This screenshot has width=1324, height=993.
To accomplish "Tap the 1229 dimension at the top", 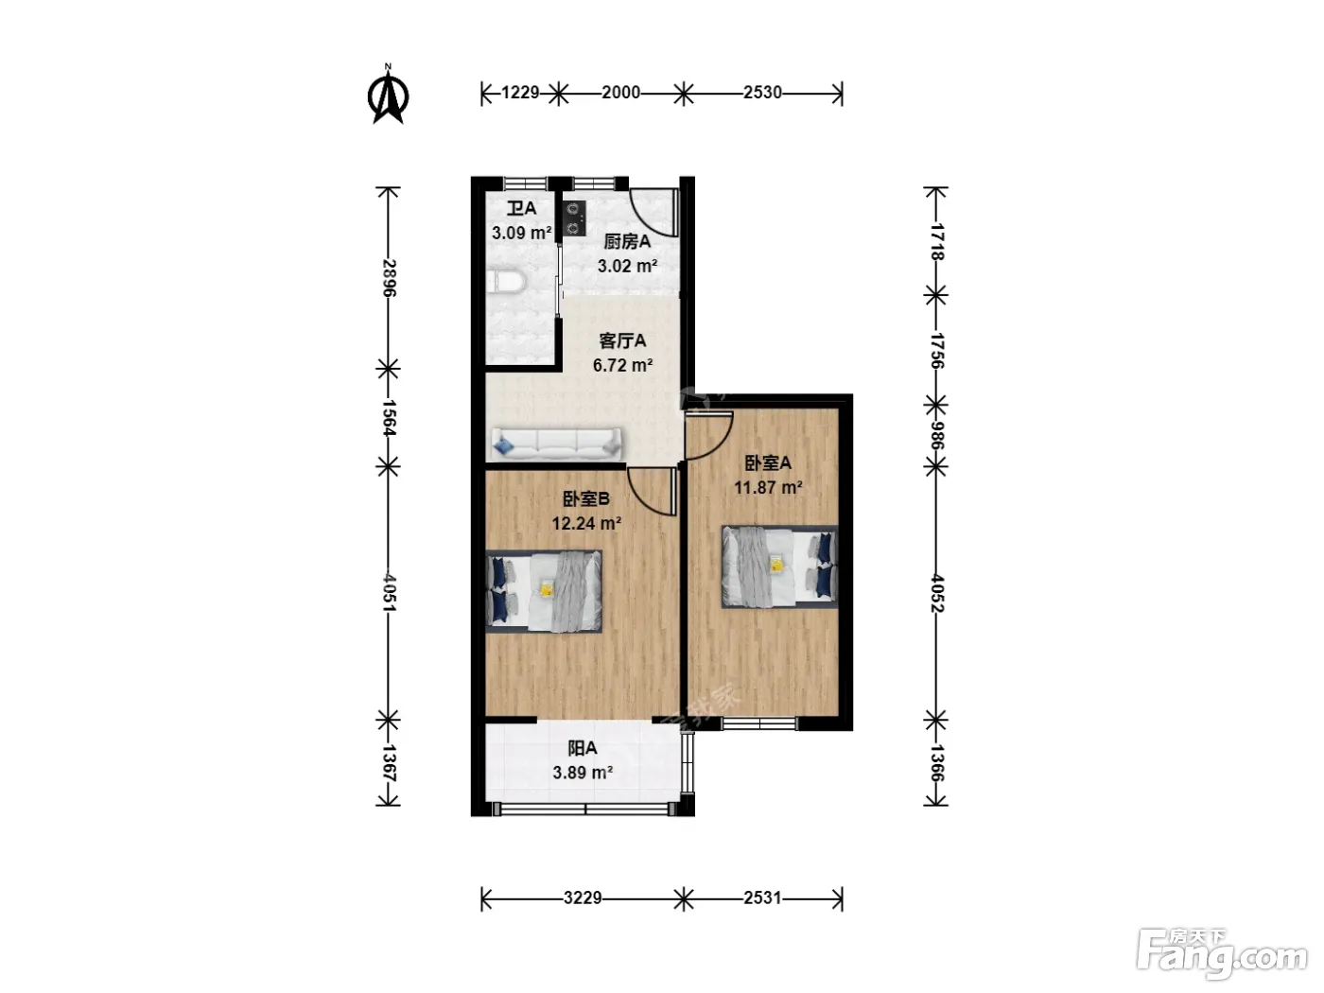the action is point(520,93).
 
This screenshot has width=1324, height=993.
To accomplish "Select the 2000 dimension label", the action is point(620,93).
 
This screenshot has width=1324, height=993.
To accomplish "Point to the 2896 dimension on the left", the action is point(389,278).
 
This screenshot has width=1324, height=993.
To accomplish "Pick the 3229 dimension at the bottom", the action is point(582,897).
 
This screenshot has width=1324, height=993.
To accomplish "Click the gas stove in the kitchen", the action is point(574,218).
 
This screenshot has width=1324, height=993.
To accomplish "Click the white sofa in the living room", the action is point(556,444).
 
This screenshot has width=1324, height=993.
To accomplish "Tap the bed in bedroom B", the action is point(544,591).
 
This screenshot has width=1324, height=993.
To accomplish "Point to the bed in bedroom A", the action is point(780,566).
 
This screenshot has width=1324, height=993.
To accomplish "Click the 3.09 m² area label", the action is point(522,233).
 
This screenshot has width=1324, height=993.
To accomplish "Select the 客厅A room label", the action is point(622,341).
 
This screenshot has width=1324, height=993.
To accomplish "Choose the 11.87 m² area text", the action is point(768,487).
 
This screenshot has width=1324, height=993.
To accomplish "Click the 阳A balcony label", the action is point(582,748).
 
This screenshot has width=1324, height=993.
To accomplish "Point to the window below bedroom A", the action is point(759,723).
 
